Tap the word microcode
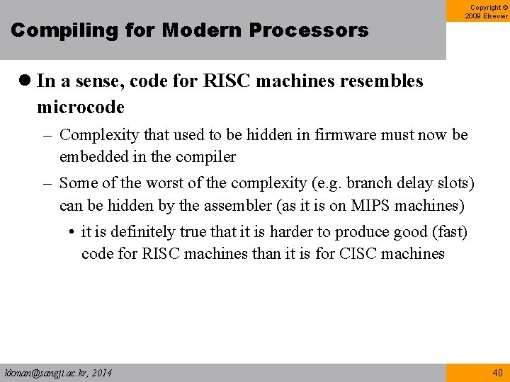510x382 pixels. (81, 107)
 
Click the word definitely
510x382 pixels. (134, 232)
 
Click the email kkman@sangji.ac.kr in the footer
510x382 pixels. (43, 373)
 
